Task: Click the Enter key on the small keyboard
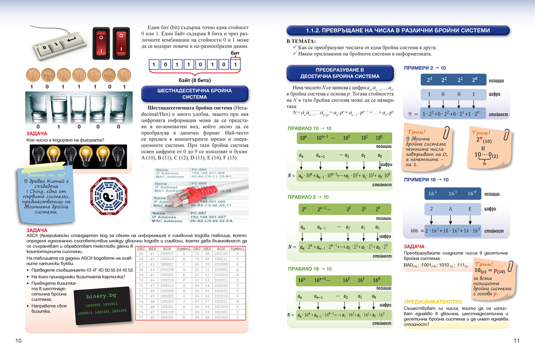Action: point(71,42)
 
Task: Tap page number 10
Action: point(18,341)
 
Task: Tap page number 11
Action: point(517,341)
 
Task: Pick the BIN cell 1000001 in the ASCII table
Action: point(167,253)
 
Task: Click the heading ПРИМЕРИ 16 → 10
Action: point(426,180)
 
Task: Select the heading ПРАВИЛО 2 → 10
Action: point(308,197)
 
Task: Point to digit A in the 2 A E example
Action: point(450,209)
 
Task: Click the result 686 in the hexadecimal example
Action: point(415,231)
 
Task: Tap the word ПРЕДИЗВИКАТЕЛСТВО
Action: point(430,301)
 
